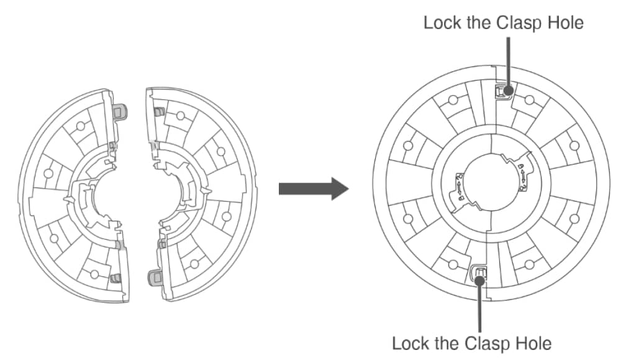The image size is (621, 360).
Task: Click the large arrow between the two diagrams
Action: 312,188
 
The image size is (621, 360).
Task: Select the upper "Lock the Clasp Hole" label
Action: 504,23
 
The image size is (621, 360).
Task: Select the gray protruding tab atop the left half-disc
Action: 121,110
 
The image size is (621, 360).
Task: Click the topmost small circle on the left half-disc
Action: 79,126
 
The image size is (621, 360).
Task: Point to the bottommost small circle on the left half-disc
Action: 94,274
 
